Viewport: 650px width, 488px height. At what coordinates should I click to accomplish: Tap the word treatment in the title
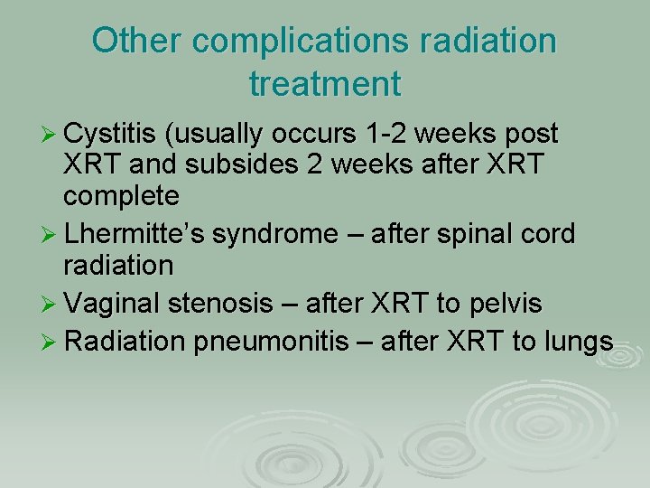click(325, 84)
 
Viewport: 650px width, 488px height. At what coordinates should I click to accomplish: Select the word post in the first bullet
click(533, 135)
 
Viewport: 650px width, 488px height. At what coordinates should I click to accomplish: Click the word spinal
click(473, 234)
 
